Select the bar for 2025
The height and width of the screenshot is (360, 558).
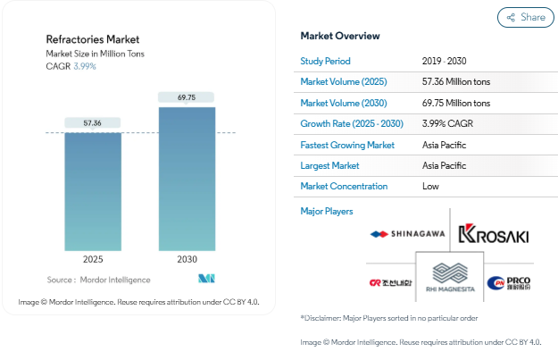click(x=93, y=191)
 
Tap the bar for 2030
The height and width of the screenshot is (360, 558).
click(x=186, y=179)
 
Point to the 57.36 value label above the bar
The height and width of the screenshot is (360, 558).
click(x=93, y=122)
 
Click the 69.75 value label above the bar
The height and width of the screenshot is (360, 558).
click(x=186, y=96)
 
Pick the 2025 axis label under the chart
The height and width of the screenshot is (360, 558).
click(x=93, y=259)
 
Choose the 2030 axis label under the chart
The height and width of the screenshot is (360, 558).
click(x=186, y=259)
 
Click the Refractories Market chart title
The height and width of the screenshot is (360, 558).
click(x=93, y=39)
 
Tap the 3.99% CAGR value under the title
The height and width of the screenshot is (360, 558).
click(x=85, y=66)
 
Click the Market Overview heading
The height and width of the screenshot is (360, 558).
click(x=340, y=36)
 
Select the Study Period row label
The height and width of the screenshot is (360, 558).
click(x=325, y=61)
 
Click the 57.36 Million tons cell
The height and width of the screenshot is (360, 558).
click(x=468, y=82)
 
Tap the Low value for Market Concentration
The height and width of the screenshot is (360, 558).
click(x=430, y=187)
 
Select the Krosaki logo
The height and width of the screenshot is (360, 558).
click(x=492, y=235)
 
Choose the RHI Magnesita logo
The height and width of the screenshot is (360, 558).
click(x=449, y=278)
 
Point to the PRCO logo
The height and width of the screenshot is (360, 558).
click(x=509, y=283)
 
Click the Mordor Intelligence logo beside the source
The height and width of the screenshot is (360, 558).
click(x=208, y=279)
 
